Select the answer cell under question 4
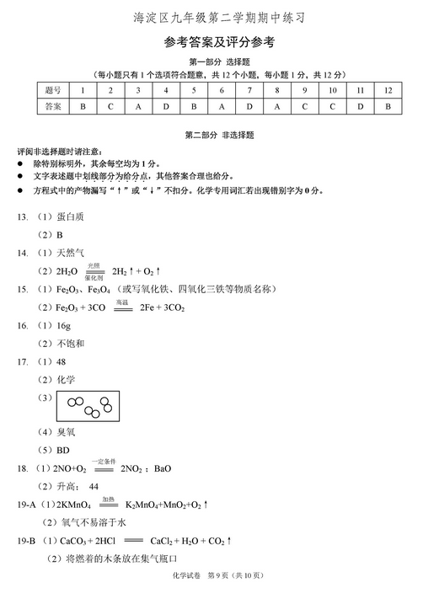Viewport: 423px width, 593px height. click(166, 106)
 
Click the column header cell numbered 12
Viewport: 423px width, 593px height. click(388, 90)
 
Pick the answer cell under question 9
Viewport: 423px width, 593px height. click(304, 106)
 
